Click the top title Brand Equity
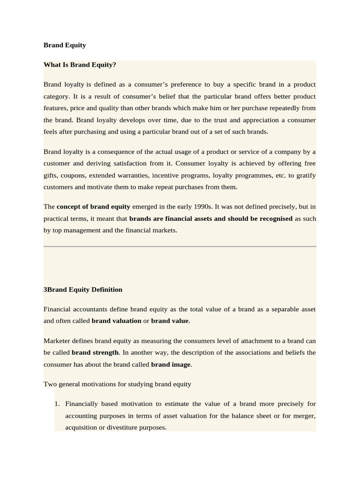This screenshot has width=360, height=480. click(x=65, y=45)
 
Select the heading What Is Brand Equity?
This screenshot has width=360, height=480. click(x=80, y=65)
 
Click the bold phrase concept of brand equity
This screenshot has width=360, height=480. click(x=93, y=207)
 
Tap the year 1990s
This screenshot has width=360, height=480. click(x=200, y=207)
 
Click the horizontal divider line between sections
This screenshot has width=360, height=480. click(x=180, y=246)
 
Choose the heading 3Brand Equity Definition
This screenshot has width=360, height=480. click(x=83, y=290)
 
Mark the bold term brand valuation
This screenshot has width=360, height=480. click(x=116, y=321)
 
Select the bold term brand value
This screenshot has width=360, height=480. click(x=170, y=321)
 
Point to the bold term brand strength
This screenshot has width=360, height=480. click(x=95, y=352)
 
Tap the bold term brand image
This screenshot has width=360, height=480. click(x=171, y=364)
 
